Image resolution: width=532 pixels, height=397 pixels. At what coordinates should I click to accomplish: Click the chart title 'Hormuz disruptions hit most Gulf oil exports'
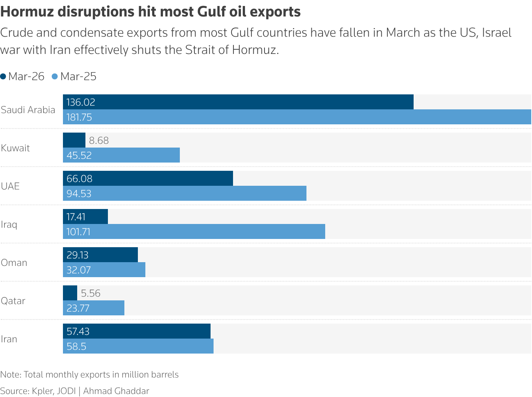tap(150, 12)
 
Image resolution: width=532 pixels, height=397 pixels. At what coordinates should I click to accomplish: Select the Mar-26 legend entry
tap(22, 76)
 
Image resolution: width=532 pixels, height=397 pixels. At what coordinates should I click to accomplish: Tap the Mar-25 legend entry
tap(74, 76)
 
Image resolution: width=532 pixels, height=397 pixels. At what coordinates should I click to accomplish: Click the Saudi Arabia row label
tap(28, 110)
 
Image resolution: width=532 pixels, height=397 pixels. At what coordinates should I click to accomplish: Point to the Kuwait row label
tap(15, 148)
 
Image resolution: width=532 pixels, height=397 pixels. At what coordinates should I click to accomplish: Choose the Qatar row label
tap(13, 301)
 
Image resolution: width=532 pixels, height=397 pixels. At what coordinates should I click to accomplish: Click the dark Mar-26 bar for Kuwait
tap(74, 140)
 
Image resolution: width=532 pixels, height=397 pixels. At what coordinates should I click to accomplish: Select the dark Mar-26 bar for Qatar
tap(70, 293)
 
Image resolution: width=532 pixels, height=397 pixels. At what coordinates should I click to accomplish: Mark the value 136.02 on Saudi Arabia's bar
tap(81, 102)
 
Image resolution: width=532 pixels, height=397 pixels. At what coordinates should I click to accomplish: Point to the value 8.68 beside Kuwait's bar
tap(99, 140)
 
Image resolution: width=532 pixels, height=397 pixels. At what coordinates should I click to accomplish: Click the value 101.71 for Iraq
tap(79, 232)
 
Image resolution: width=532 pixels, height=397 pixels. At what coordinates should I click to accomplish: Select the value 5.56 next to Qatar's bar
tap(91, 293)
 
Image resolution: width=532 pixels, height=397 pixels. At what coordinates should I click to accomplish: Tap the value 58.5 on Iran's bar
tap(76, 346)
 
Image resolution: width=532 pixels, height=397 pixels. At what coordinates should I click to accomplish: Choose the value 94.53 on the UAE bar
tap(79, 194)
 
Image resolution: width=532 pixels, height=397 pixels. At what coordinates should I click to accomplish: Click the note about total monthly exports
tap(90, 375)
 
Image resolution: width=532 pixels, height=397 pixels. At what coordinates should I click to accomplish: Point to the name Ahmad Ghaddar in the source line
tap(116, 391)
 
